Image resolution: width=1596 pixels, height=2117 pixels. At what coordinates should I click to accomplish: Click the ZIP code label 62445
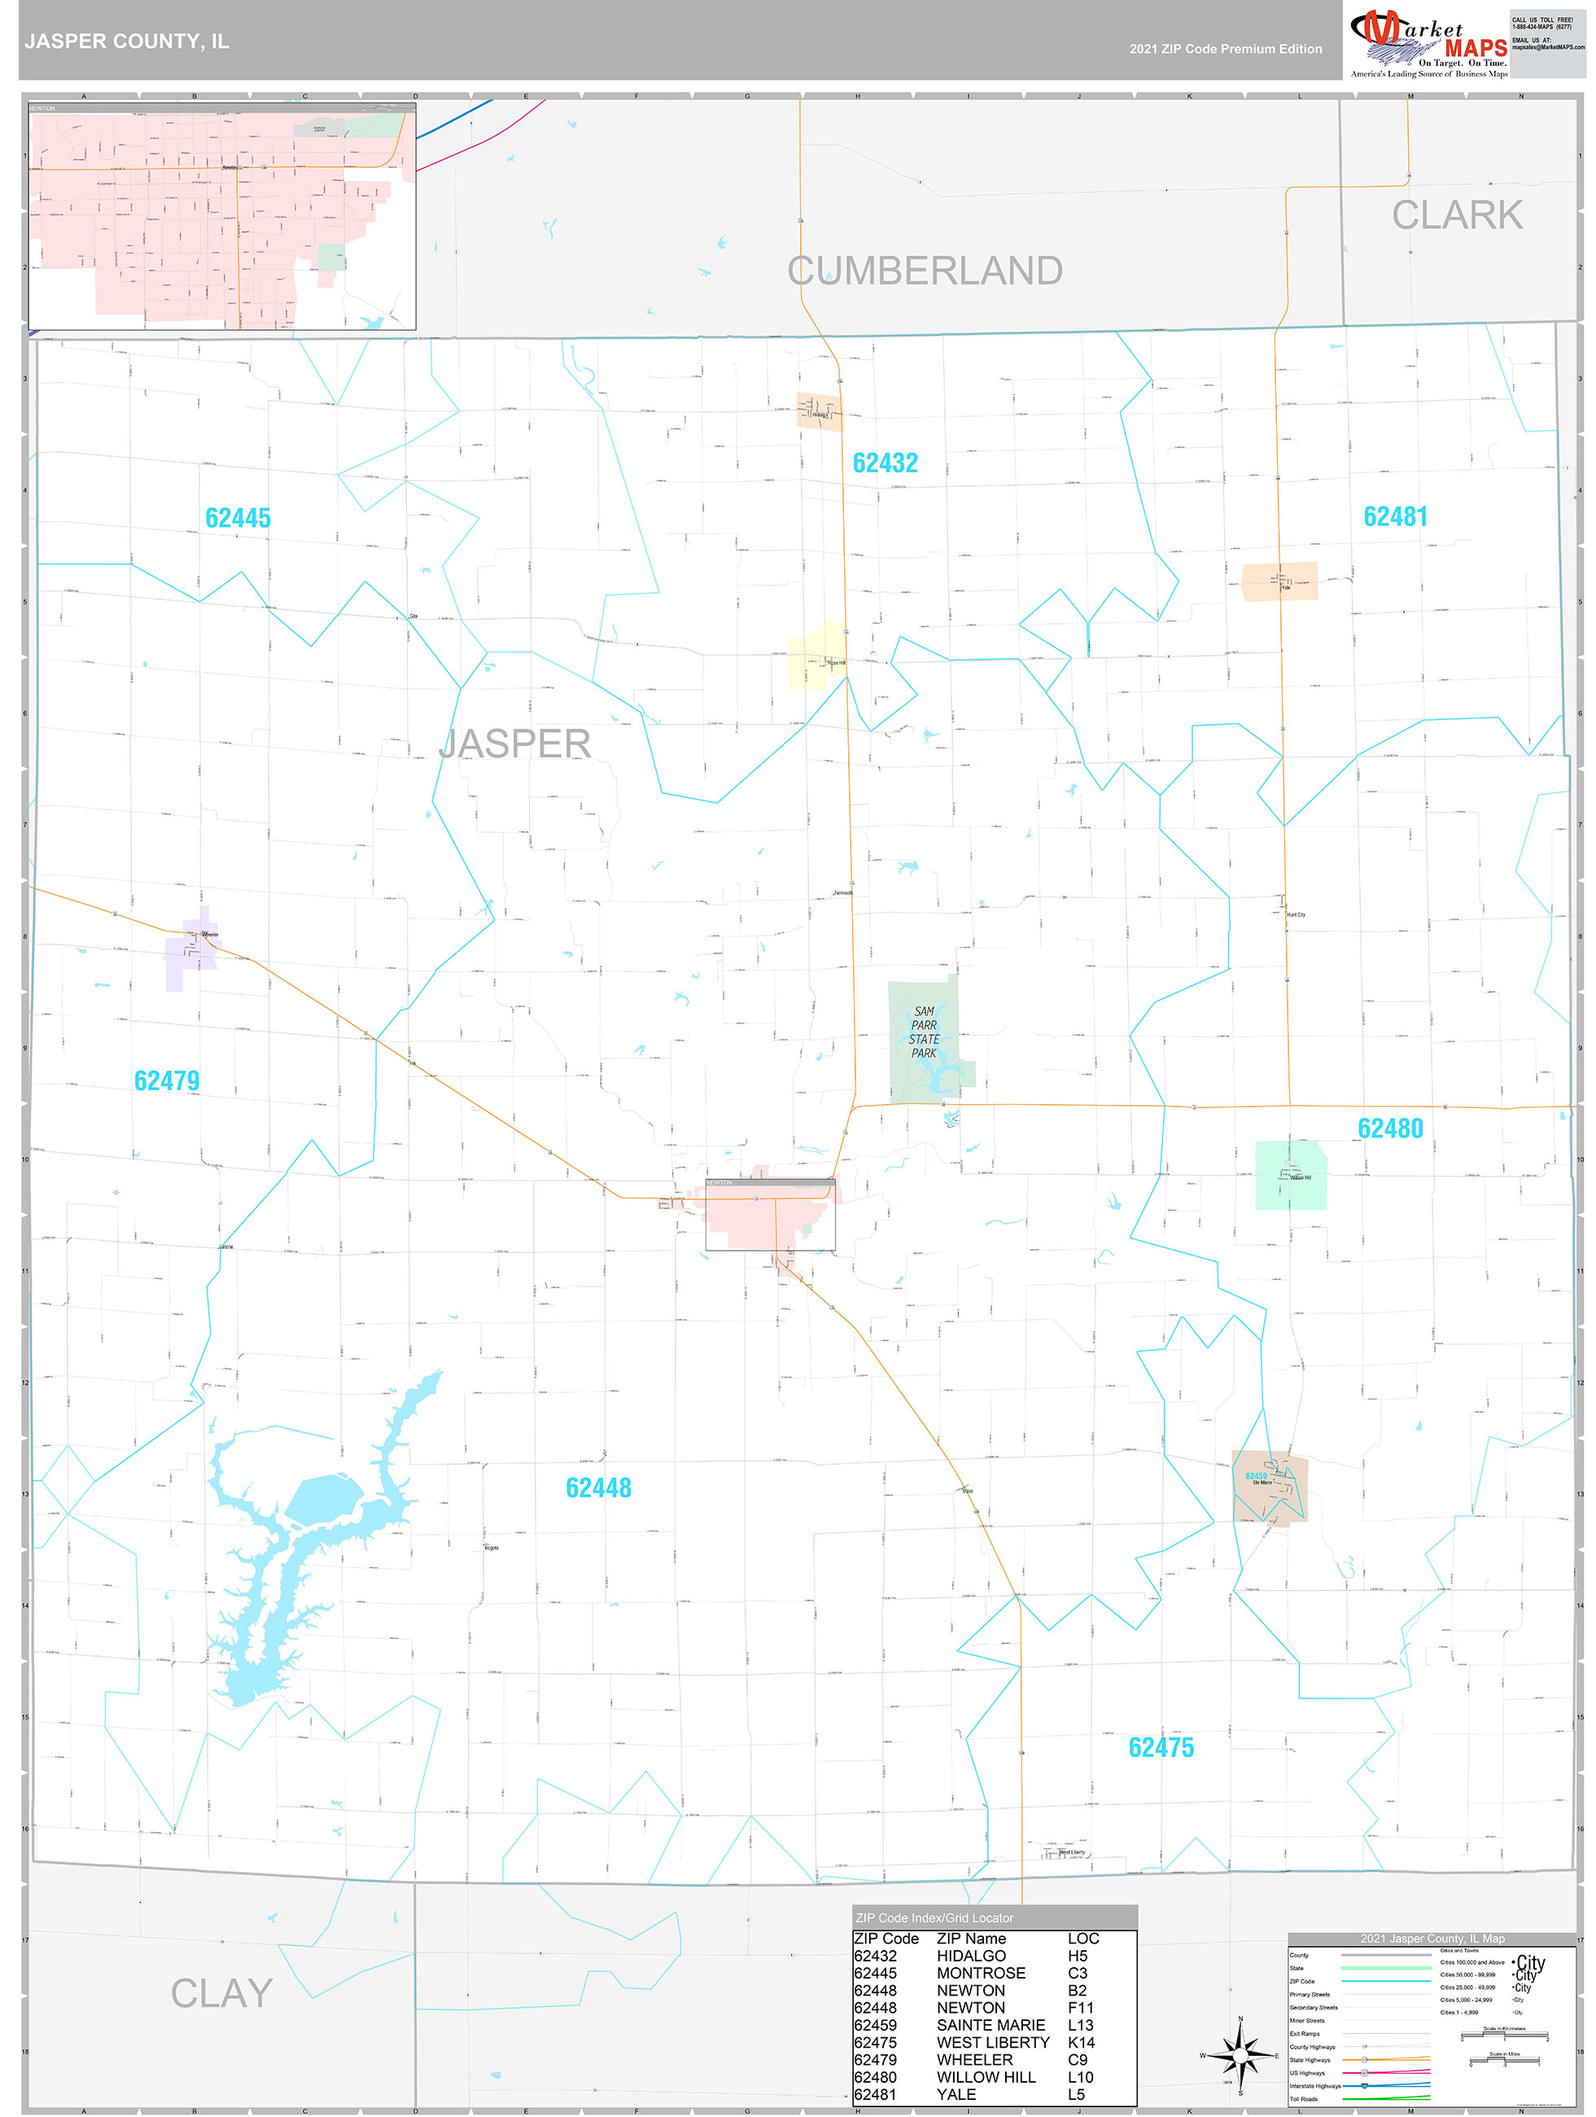point(238,518)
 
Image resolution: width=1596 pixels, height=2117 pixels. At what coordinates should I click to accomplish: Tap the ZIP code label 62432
point(885,463)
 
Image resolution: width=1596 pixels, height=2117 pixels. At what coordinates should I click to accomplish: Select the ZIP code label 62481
point(1395,517)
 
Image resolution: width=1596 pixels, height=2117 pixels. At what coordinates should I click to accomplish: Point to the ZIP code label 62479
point(167,1080)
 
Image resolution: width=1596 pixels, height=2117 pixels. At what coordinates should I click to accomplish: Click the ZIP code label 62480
point(1390,1129)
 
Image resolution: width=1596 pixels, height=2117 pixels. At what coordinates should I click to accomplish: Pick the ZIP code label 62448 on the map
point(598,1488)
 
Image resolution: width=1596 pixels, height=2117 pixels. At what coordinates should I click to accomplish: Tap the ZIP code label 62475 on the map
point(1161,1747)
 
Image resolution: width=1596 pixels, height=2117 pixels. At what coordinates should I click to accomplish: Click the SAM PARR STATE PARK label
point(924,1032)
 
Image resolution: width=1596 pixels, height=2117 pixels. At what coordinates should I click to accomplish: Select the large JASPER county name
point(515,743)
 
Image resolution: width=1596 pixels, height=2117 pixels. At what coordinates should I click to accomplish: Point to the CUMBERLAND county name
point(925,271)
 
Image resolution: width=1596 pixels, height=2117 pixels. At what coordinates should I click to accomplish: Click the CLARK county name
point(1456,215)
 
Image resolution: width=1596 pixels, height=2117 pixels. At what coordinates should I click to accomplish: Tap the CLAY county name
point(221,1993)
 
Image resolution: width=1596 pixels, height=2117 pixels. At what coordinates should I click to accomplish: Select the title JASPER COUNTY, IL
point(126,42)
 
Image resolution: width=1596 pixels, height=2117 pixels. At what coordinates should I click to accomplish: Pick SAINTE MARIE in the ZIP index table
point(990,2024)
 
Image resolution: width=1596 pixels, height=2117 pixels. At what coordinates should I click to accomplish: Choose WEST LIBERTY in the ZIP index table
point(992,2041)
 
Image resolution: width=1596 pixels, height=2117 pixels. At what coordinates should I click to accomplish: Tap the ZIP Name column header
point(970,1938)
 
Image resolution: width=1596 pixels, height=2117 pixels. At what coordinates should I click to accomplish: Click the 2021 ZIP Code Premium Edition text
point(1225,49)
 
